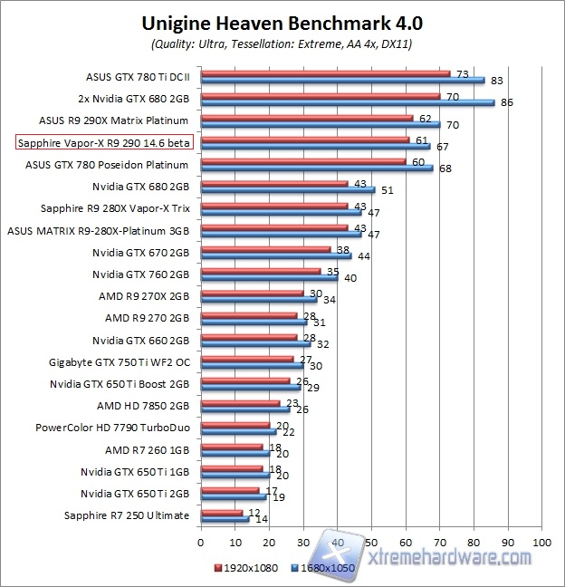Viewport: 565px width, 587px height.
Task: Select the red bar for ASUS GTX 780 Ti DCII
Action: [x=325, y=73]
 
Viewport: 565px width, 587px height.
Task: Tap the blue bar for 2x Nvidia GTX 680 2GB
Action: [x=348, y=102]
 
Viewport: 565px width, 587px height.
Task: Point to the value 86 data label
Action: [x=507, y=103]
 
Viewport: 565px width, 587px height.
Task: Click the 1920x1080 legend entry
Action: [x=245, y=568]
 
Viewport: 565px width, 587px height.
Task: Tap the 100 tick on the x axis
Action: [x=541, y=544]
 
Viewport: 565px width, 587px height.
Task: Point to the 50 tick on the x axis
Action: [x=371, y=544]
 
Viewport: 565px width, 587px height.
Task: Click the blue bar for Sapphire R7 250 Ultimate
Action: [x=225, y=519]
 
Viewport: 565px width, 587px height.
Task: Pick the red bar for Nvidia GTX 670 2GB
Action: [x=265, y=250]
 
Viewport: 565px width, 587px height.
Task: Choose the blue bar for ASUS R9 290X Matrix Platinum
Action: [x=321, y=124]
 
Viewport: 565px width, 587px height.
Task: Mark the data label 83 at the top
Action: [x=497, y=81]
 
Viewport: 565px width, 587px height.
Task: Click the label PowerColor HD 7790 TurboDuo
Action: [x=112, y=428]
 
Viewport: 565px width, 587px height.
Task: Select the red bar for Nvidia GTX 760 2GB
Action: [x=261, y=271]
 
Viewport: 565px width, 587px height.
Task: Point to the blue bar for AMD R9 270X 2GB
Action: [x=259, y=299]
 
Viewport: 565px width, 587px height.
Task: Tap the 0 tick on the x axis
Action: [x=201, y=544]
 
